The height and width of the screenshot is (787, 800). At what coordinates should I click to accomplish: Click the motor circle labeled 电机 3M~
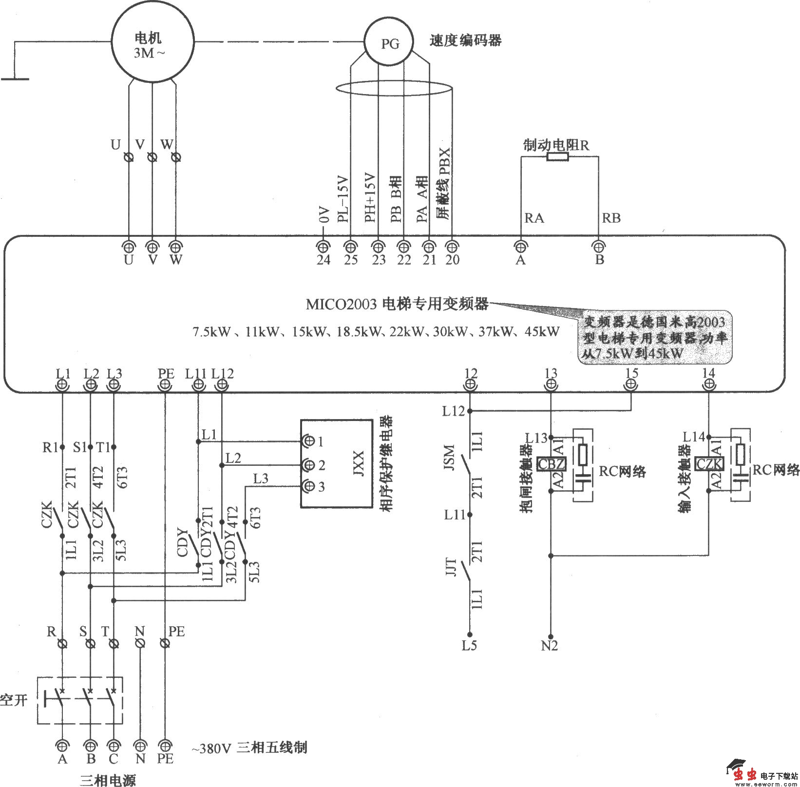(152, 43)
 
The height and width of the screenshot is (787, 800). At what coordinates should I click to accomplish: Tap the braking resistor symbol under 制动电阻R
(557, 157)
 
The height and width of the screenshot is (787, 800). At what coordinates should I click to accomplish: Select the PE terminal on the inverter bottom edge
(166, 385)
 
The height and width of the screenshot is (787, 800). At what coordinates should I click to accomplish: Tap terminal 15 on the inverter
(631, 385)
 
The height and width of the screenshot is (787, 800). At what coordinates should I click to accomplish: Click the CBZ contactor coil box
(551, 464)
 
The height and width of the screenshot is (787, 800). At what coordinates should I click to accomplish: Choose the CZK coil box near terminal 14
(709, 464)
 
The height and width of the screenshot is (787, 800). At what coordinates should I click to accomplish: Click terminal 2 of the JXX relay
(308, 465)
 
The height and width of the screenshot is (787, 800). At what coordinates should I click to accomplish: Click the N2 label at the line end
(549, 646)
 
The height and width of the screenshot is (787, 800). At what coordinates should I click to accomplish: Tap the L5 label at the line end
(469, 646)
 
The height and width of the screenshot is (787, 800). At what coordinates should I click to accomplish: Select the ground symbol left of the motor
(15, 78)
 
